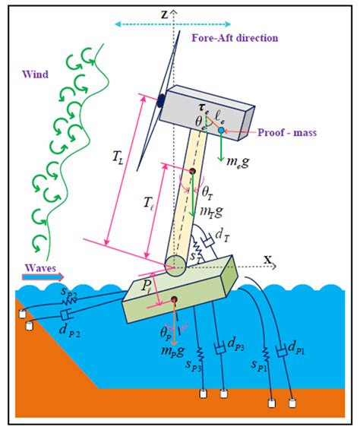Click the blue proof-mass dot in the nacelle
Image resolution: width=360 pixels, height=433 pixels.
[x=221, y=131]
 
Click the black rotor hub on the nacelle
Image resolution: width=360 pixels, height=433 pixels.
[x=161, y=102]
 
